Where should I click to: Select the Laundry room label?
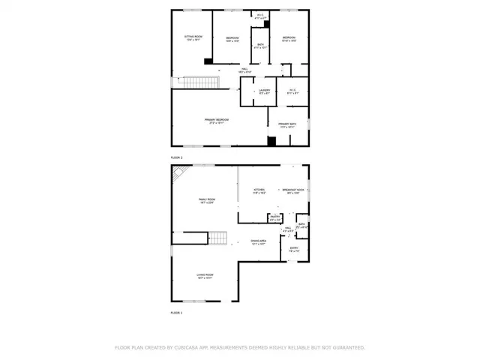tap(263, 91)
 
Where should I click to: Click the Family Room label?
tap(206, 200)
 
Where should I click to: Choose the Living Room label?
tap(205, 276)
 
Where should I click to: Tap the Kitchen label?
tap(259, 190)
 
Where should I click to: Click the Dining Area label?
tap(259, 242)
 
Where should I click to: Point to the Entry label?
tap(294, 248)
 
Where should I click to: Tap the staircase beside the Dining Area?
tap(217, 239)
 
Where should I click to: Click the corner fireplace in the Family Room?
tap(179, 175)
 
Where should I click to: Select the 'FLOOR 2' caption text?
tap(177, 157)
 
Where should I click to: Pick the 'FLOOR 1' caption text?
tap(177, 311)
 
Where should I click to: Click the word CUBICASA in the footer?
tap(184, 347)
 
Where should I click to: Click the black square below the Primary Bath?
tap(272, 140)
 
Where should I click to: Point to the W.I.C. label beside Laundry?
tap(293, 91)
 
